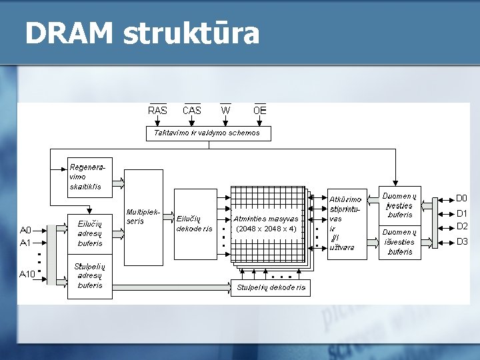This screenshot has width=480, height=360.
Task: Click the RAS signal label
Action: click(158, 111)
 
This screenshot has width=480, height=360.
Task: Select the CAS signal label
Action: click(192, 111)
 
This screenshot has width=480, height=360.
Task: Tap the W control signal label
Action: click(226, 111)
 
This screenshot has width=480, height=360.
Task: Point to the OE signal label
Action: click(260, 111)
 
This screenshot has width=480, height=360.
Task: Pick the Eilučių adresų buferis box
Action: click(90, 233)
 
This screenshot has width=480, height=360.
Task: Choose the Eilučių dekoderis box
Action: click(195, 223)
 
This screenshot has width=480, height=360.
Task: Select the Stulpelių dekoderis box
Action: click(271, 287)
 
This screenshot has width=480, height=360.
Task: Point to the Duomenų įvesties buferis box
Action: click(400, 205)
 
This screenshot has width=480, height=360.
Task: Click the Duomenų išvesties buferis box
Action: click(400, 242)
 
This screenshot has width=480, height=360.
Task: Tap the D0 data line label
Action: click(461, 199)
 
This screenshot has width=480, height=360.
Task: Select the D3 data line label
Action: click(462, 241)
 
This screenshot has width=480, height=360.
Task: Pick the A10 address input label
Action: click(27, 274)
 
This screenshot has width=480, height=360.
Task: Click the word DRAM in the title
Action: click(67, 33)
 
